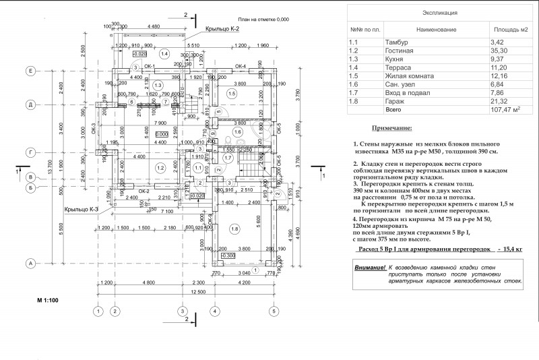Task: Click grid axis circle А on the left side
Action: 31,263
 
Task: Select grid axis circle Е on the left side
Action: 31,71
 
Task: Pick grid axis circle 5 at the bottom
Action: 274,311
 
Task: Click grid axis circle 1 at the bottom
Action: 98,311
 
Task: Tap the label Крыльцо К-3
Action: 82,210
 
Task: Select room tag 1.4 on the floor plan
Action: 164,53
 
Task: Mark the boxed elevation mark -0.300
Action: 228,256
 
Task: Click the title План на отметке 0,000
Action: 263,20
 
